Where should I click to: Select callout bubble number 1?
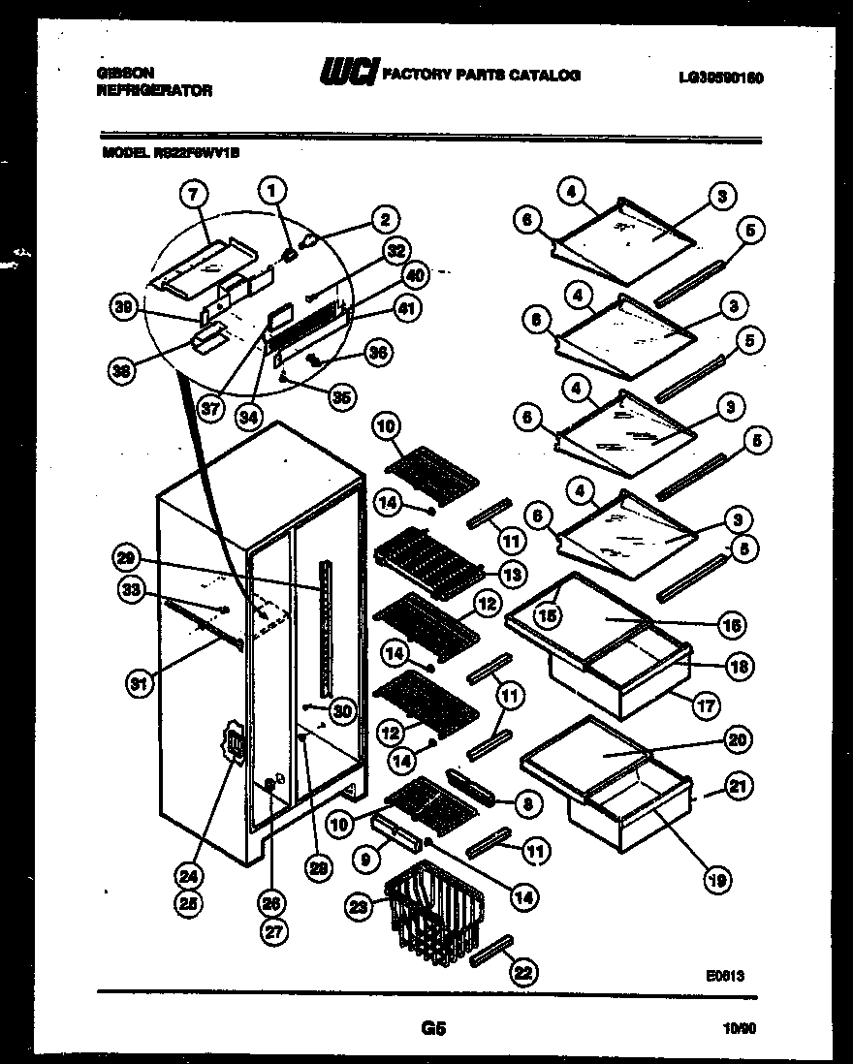click(273, 192)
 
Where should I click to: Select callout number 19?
click(717, 880)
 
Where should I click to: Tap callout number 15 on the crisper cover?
click(550, 614)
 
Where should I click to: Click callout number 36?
click(379, 354)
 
